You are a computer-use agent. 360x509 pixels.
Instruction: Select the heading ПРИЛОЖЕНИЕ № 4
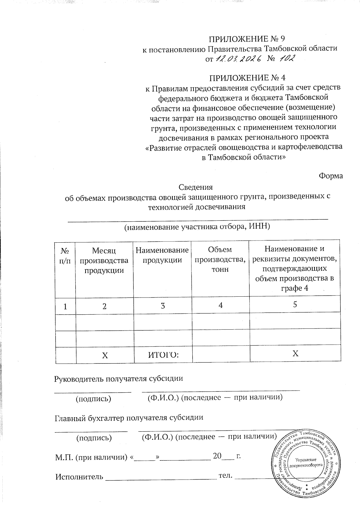[x=247, y=78]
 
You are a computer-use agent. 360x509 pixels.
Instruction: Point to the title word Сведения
[x=196, y=187]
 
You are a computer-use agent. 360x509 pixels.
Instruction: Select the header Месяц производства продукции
[x=104, y=260]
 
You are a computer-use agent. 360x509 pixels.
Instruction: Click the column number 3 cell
[x=163, y=306]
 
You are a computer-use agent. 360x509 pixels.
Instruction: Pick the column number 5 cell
[x=295, y=304]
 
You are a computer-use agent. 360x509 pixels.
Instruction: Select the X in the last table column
[x=295, y=354]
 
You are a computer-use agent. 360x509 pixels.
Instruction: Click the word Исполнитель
[x=79, y=477]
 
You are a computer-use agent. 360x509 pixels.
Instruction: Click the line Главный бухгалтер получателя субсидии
[x=129, y=418]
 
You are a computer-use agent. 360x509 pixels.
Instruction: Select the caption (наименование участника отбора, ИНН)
[x=197, y=227]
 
